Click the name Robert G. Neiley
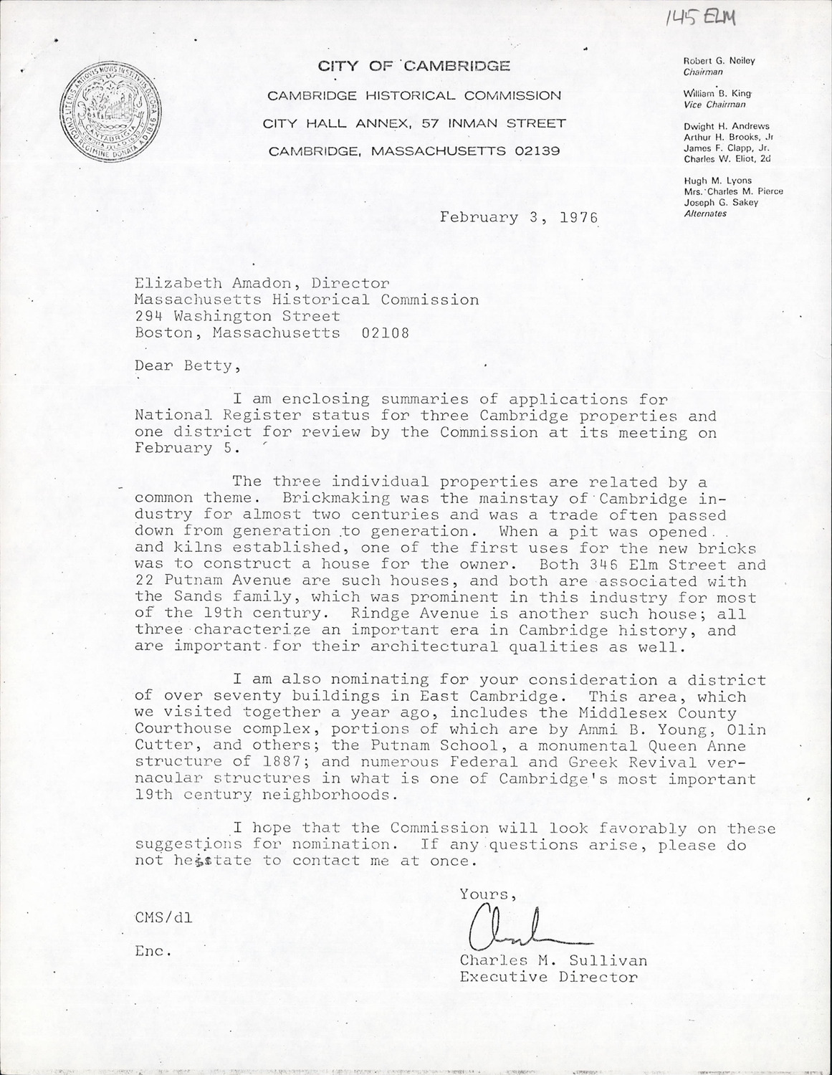click(719, 62)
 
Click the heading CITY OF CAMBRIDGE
click(414, 67)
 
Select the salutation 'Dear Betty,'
click(185, 366)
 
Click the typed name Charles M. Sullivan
click(553, 960)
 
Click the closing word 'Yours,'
click(488, 894)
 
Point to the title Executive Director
click(548, 977)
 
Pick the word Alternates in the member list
click(705, 214)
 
